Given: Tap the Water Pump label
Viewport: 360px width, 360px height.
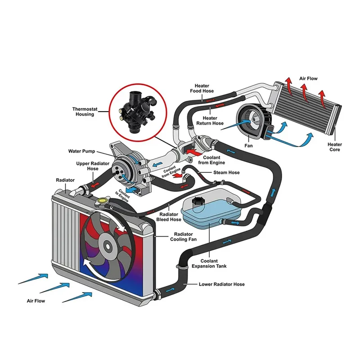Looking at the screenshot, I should [x=81, y=151].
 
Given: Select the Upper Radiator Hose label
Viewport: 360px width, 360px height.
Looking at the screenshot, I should [x=87, y=166].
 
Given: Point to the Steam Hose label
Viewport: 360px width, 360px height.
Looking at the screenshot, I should [x=227, y=172].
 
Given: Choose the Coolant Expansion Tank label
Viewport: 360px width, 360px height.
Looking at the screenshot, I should [x=209, y=264].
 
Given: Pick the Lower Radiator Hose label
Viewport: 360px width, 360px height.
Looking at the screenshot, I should [x=222, y=284].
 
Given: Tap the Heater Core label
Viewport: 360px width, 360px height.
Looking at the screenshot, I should [x=334, y=147].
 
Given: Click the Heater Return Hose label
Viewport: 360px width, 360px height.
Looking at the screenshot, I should [x=210, y=121].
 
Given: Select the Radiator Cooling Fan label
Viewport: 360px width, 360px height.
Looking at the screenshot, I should [x=182, y=237].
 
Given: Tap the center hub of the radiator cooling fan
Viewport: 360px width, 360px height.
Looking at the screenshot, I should [x=108, y=245].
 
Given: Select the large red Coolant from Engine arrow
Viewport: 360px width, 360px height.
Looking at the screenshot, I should [x=193, y=153].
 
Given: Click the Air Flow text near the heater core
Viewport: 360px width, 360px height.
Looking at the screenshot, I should [x=308, y=79].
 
